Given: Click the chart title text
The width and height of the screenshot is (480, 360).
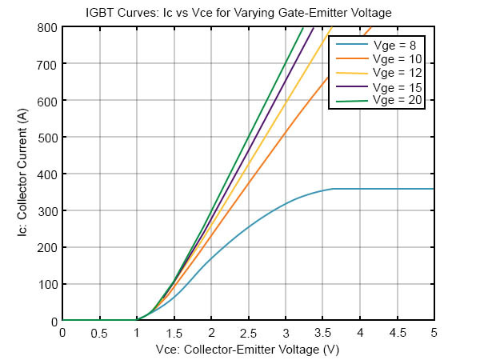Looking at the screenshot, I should click(x=248, y=12).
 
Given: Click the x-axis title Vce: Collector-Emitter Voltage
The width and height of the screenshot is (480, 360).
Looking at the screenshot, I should click(x=248, y=349).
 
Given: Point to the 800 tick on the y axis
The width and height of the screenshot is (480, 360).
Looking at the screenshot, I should click(x=48, y=27).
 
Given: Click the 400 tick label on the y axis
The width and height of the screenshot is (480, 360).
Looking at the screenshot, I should click(x=48, y=174).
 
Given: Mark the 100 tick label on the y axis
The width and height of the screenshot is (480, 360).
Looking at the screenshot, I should click(x=48, y=285).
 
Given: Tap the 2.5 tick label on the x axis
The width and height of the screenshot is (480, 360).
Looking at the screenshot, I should click(x=248, y=332).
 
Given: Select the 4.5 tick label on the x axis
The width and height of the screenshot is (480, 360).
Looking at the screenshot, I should click(x=397, y=332).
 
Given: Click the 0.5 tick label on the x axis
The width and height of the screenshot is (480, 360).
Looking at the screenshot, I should click(x=99, y=332).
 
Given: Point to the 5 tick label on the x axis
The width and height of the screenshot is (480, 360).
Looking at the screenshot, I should click(x=434, y=332).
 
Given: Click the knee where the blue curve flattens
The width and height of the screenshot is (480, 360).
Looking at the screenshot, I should click(x=332, y=189).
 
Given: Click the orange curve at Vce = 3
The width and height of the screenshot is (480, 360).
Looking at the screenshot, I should click(x=286, y=131).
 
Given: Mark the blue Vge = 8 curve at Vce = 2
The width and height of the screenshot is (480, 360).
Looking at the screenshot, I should click(x=211, y=259).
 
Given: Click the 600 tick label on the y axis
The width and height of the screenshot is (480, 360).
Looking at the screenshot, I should click(x=48, y=101).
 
